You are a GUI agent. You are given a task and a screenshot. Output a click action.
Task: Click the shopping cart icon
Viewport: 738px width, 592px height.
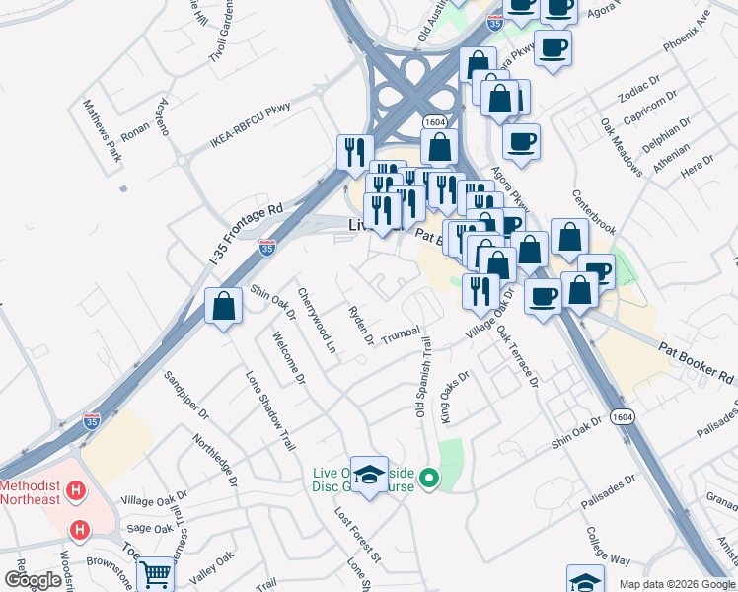coord(155,572)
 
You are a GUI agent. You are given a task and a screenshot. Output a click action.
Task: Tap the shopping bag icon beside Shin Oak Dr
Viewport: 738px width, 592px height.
coord(224,305)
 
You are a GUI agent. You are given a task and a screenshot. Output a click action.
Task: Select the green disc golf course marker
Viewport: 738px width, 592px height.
coord(429,480)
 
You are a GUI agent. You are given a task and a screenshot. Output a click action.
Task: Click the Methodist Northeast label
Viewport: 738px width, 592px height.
coord(30,492)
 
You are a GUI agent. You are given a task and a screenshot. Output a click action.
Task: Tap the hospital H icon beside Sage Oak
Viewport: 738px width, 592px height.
coord(80,531)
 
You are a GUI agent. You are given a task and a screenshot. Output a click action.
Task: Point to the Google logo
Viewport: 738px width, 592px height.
coord(33,580)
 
